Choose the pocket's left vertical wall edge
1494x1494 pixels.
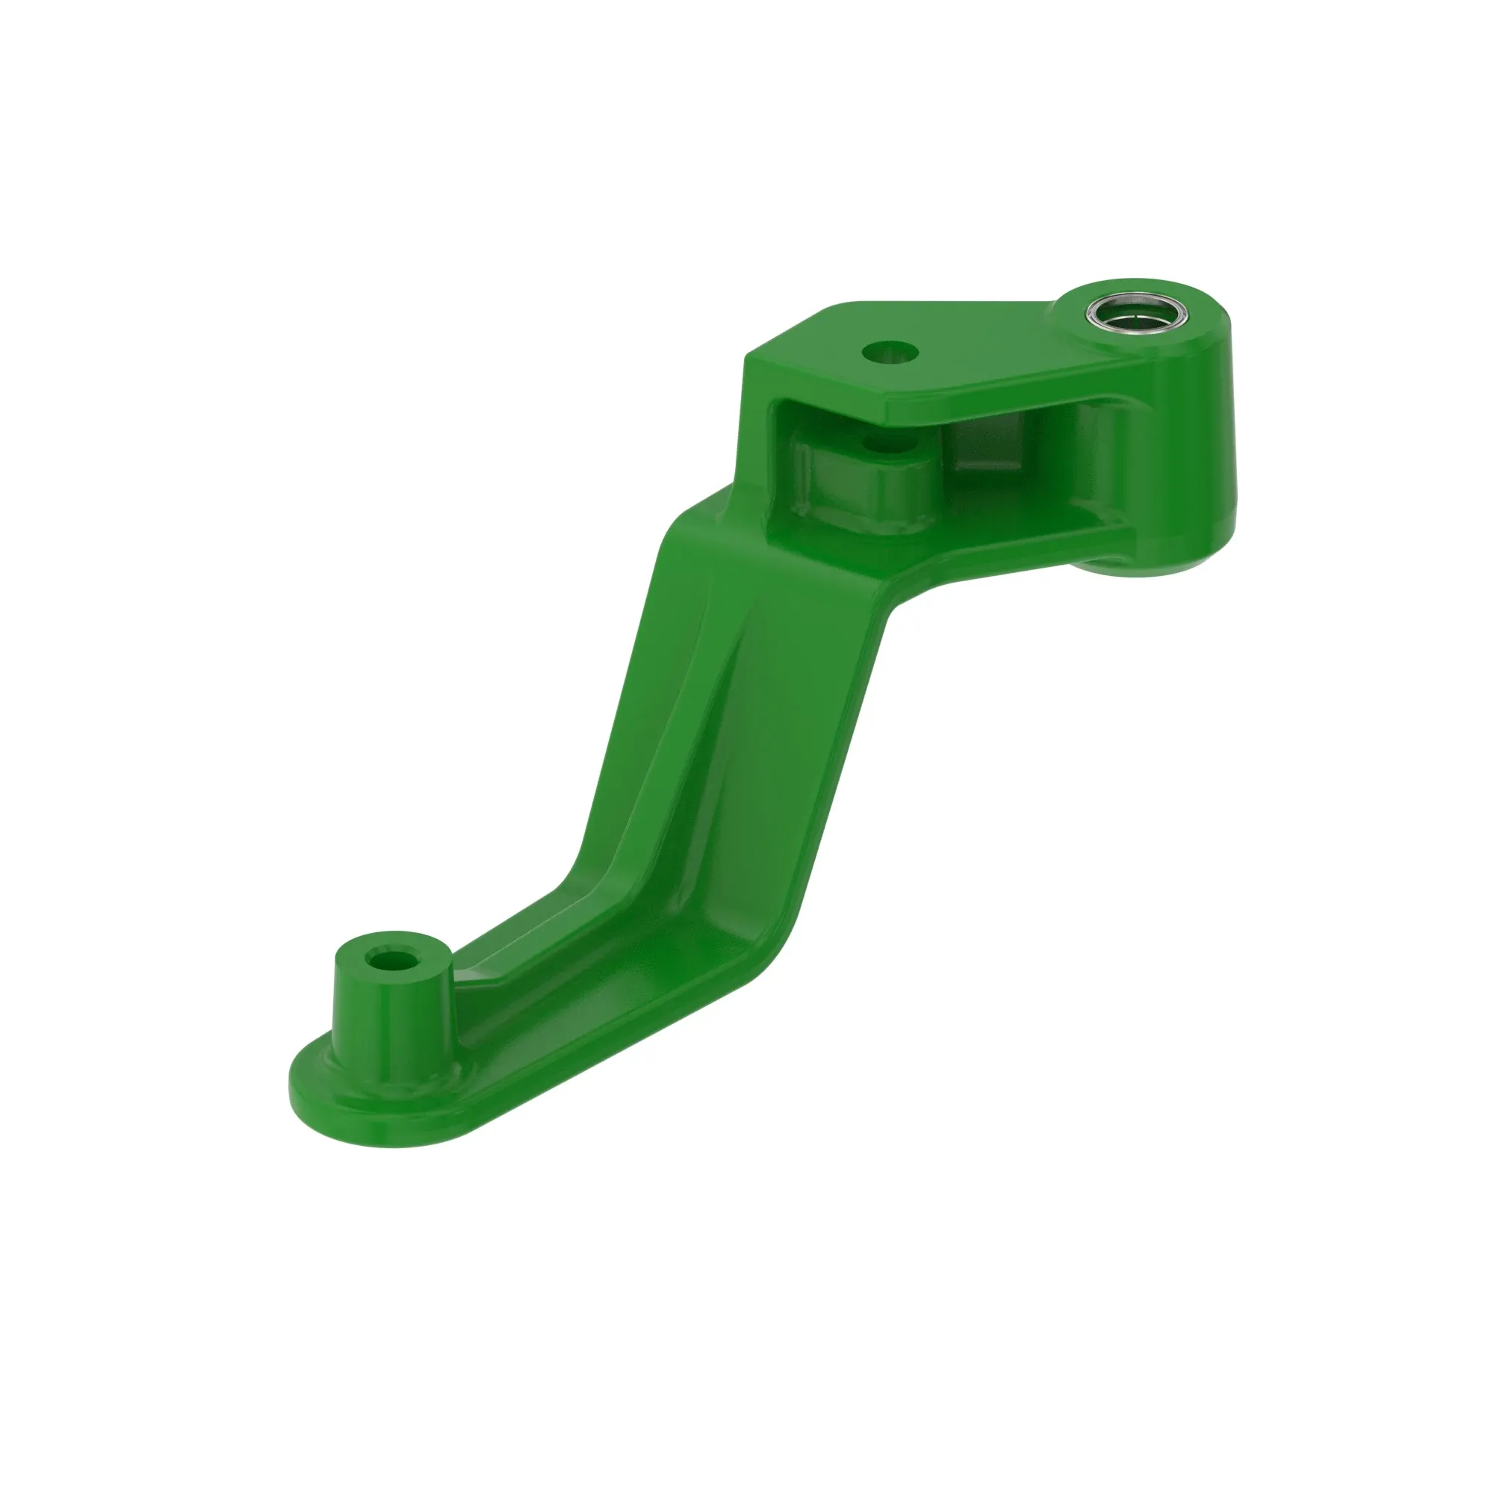(x=773, y=464)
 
